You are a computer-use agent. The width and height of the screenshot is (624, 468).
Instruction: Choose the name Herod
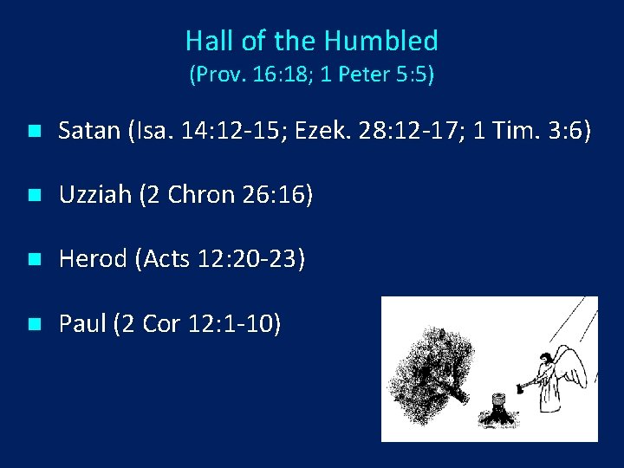93,260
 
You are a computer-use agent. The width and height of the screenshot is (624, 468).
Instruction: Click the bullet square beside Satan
33,133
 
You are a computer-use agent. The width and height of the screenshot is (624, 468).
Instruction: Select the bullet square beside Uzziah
33,197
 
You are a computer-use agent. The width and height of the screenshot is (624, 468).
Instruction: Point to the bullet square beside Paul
33,325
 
